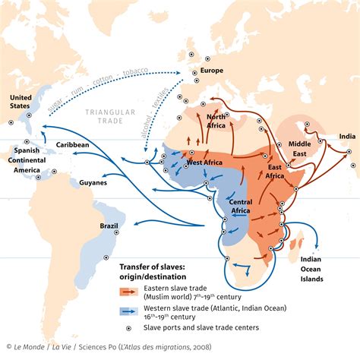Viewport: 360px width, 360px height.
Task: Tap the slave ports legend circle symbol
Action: (x=126, y=327)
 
